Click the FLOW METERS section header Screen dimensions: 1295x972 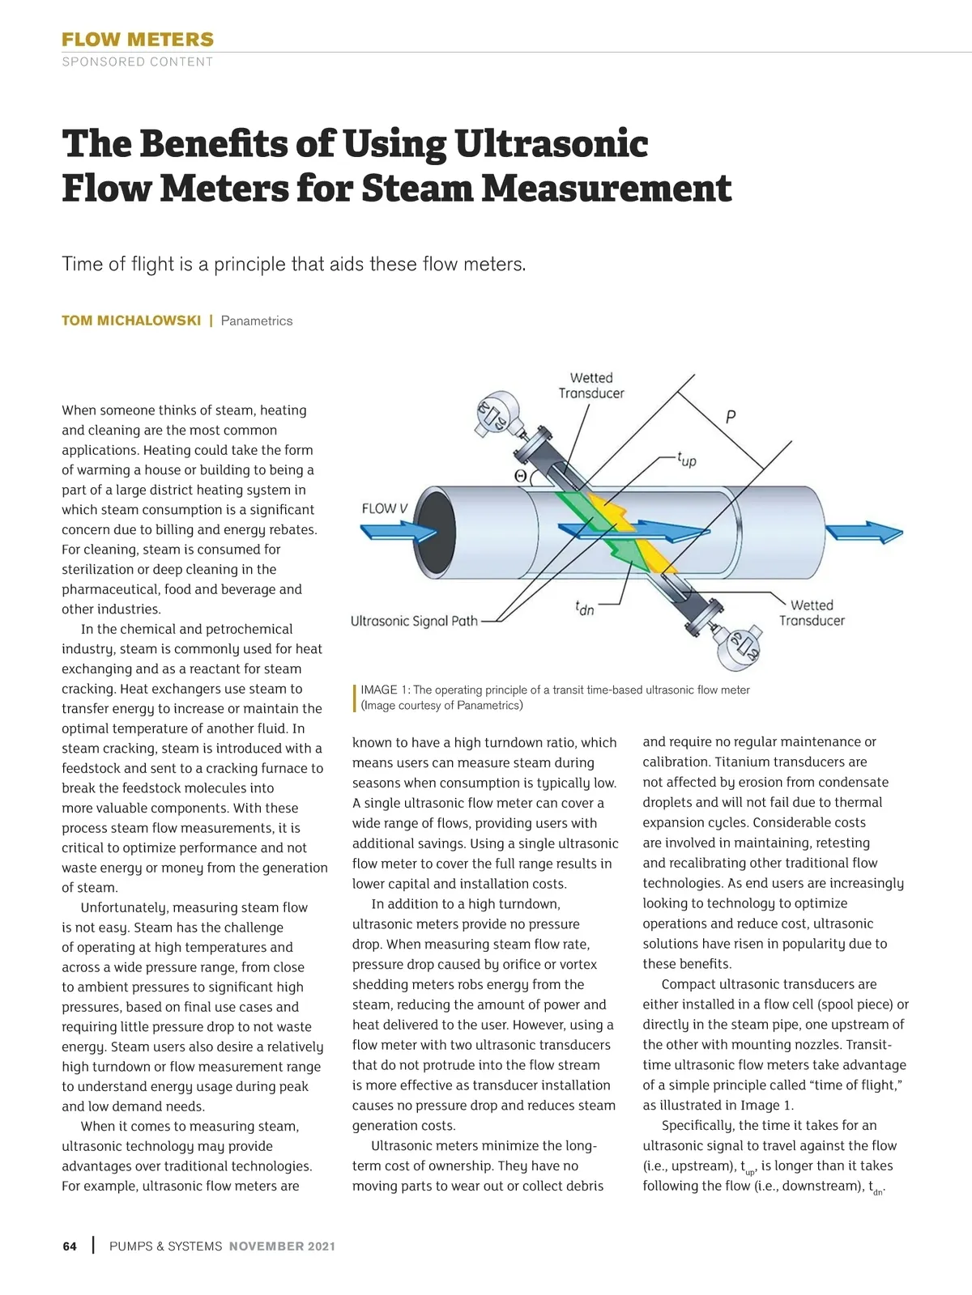click(x=138, y=39)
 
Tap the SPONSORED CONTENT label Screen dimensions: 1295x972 click(x=138, y=62)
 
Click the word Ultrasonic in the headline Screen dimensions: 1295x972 click(x=551, y=144)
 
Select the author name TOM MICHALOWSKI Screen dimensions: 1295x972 click(x=131, y=321)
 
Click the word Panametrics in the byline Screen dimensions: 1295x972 click(x=257, y=321)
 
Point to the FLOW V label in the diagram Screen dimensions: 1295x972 click(x=385, y=508)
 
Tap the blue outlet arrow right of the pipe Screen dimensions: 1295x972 click(x=863, y=533)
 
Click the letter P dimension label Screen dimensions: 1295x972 click(x=731, y=418)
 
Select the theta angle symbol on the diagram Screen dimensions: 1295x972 click(x=521, y=476)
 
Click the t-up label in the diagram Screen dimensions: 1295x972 click(x=687, y=460)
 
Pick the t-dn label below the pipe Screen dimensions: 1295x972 click(x=584, y=608)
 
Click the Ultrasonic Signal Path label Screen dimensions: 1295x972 click(x=414, y=621)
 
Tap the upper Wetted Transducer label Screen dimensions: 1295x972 click(x=591, y=385)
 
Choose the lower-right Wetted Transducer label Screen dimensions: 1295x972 click(x=812, y=613)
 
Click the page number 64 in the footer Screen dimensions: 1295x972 click(x=70, y=1246)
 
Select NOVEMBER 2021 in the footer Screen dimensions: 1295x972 click(x=282, y=1246)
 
